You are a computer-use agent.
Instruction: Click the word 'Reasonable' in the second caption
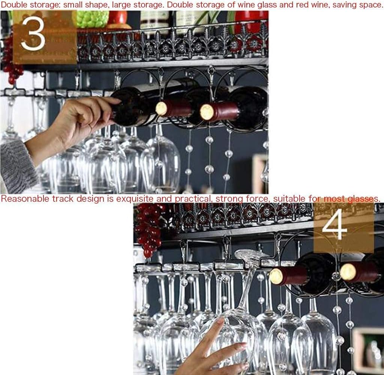[x=25, y=198]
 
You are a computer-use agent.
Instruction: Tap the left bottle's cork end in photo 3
[x=162, y=108]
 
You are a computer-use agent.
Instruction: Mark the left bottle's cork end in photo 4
[x=276, y=276]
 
